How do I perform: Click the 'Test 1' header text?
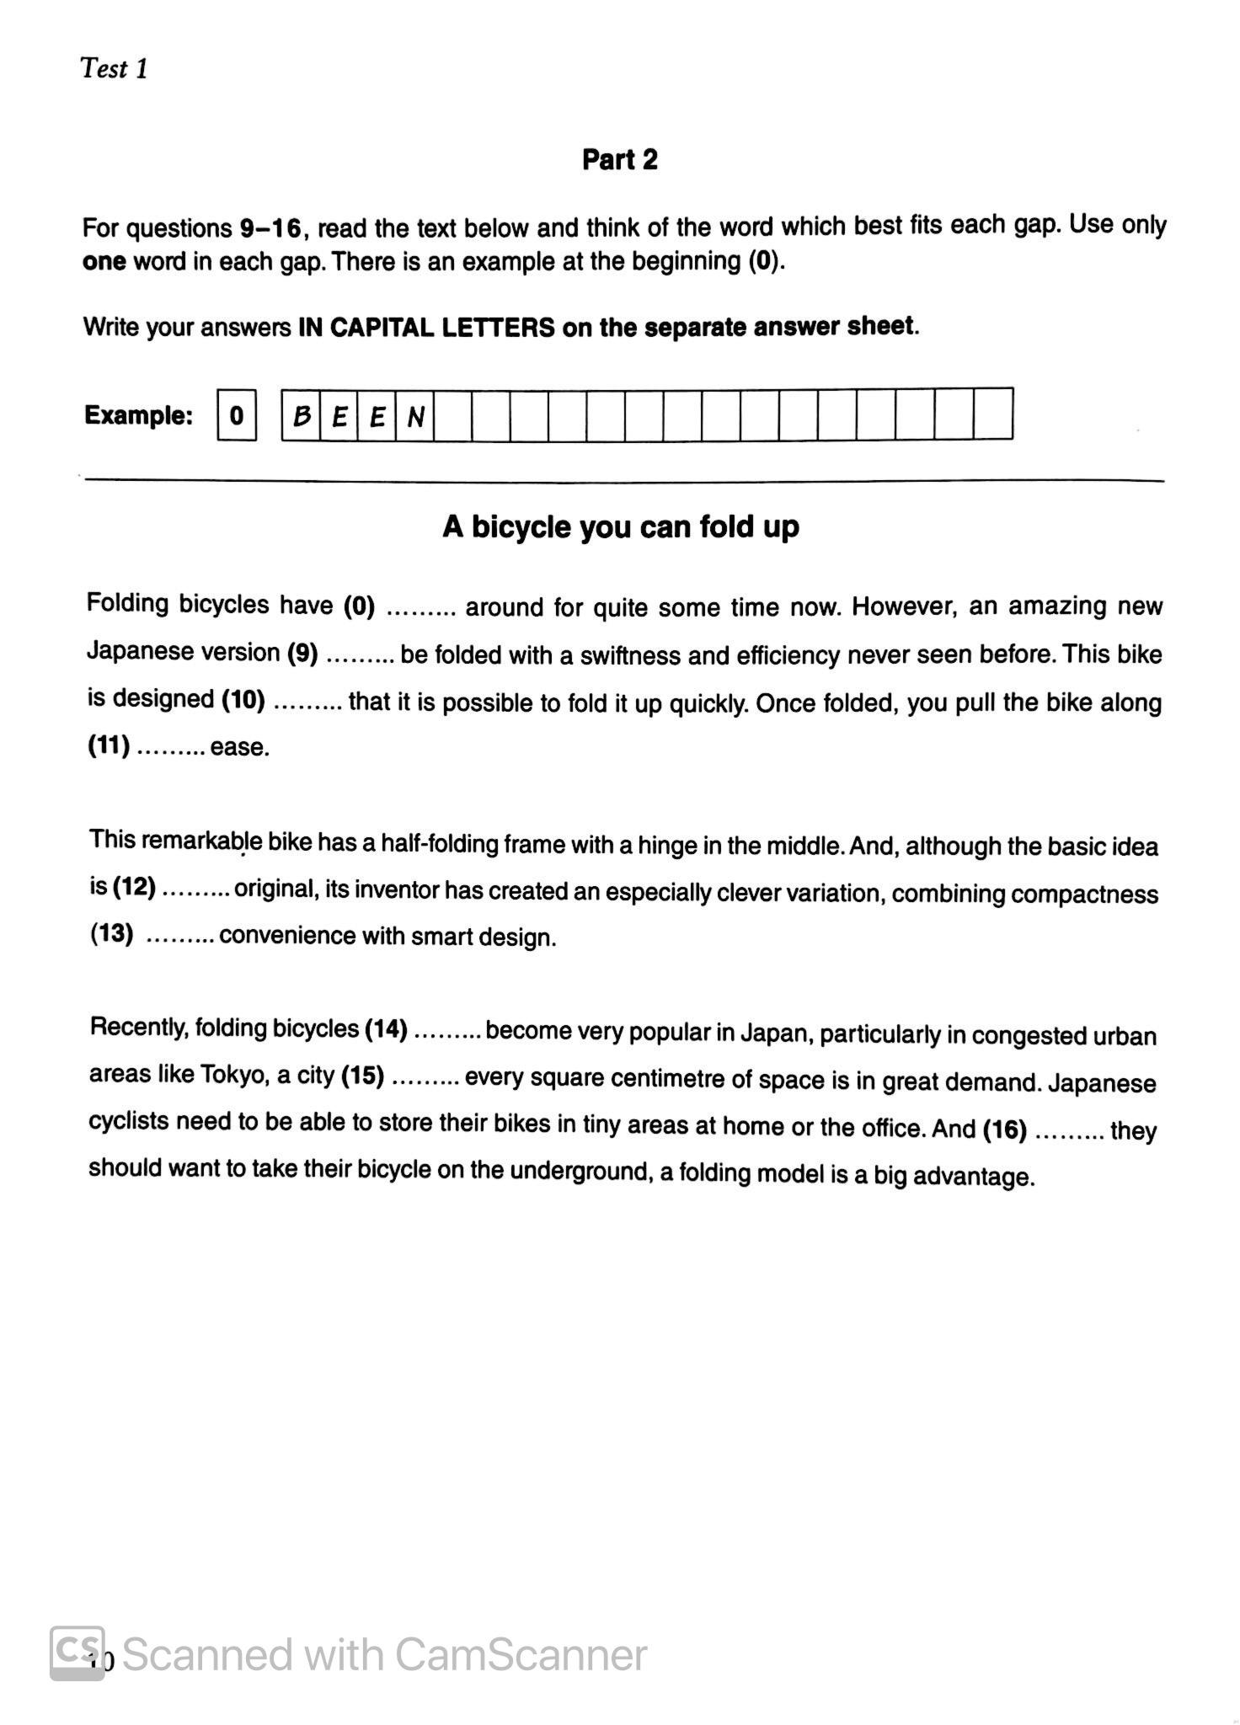(114, 68)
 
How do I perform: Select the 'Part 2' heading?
(619, 159)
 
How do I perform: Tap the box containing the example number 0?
(237, 414)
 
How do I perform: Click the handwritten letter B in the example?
(301, 415)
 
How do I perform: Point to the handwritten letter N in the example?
(414, 416)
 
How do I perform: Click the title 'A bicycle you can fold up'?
(620, 527)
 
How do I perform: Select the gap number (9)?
(302, 653)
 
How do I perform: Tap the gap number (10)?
(243, 699)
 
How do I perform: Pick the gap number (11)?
(109, 746)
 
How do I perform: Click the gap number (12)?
(134, 887)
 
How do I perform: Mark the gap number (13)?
(112, 934)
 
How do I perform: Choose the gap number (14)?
(386, 1028)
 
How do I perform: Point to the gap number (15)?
(362, 1076)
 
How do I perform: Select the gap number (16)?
(1005, 1130)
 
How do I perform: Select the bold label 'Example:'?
(139, 415)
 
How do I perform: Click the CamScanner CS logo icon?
(77, 1652)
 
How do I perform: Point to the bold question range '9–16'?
(270, 228)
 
